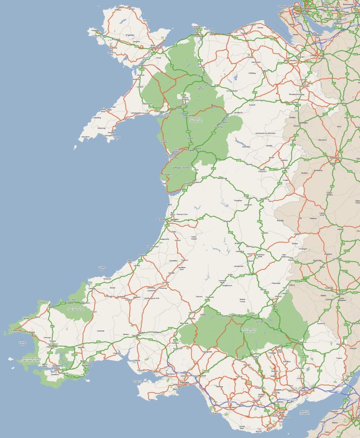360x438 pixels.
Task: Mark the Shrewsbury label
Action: [334, 158]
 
